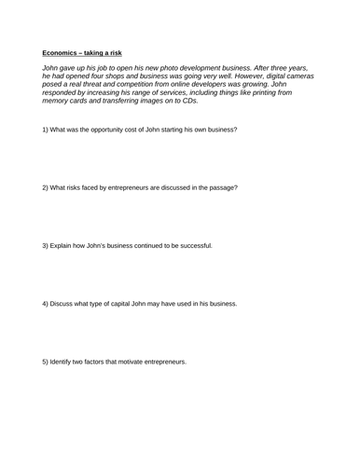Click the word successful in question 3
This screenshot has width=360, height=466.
[x=192, y=245]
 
